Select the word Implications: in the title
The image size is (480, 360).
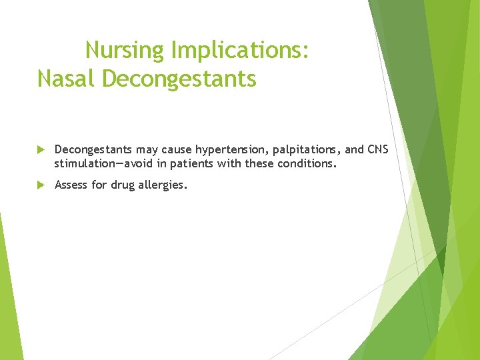coord(240,50)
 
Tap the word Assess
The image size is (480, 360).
coord(71,185)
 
